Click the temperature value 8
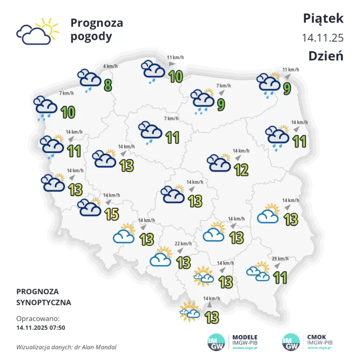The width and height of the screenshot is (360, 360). [108, 85]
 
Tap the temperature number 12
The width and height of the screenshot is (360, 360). [241, 170]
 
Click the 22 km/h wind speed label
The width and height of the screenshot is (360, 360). [182, 244]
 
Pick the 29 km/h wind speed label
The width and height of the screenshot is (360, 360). [280, 259]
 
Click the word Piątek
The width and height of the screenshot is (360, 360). [323, 18]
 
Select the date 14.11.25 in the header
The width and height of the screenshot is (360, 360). [323, 37]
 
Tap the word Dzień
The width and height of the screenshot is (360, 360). [326, 56]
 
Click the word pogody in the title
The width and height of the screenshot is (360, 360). [91, 37]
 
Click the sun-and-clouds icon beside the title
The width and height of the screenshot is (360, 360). [37, 31]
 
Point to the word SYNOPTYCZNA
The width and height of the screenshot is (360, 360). [44, 303]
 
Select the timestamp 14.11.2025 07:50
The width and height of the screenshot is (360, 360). [41, 327]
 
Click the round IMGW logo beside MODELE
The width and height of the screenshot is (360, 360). [217, 342]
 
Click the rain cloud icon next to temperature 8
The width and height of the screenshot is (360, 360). [89, 80]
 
